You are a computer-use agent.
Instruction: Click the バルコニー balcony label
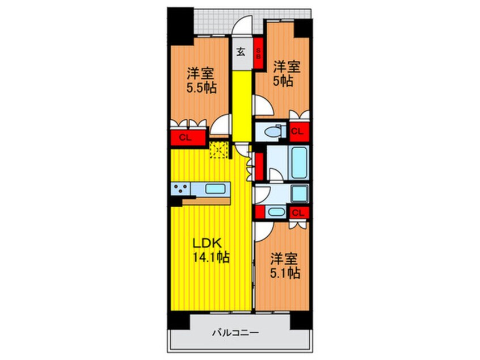[x=235, y=332]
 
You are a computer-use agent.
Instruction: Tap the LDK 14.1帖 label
[x=211, y=250]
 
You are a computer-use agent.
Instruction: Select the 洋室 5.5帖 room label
[x=201, y=80]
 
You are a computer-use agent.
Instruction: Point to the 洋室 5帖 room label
[x=287, y=73]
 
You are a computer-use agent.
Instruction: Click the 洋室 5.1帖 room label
[x=284, y=266]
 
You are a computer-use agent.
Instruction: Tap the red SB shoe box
[x=258, y=53]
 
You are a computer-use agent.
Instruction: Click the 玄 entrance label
[x=241, y=52]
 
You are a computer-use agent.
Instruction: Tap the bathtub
[x=299, y=163]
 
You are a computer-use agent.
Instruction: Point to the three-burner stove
[x=180, y=189]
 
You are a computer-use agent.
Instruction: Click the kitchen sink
[x=216, y=189]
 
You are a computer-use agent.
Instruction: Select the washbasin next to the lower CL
[x=276, y=212]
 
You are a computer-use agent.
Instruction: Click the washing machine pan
[x=300, y=193]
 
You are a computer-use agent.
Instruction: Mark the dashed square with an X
[x=219, y=150]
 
